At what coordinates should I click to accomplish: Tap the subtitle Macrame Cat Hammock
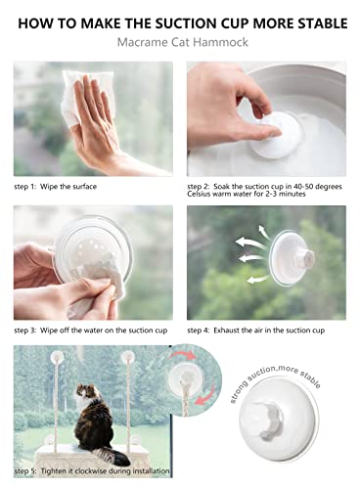point(183,42)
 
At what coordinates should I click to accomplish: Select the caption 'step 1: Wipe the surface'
point(56,187)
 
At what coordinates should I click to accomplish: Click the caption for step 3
point(91,331)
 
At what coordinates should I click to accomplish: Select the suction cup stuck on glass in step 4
point(292,258)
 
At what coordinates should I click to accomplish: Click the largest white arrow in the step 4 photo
point(250,244)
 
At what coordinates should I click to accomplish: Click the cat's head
point(87,391)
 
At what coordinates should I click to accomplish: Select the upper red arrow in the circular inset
point(183,355)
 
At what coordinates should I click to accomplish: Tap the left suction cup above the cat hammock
point(57,358)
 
